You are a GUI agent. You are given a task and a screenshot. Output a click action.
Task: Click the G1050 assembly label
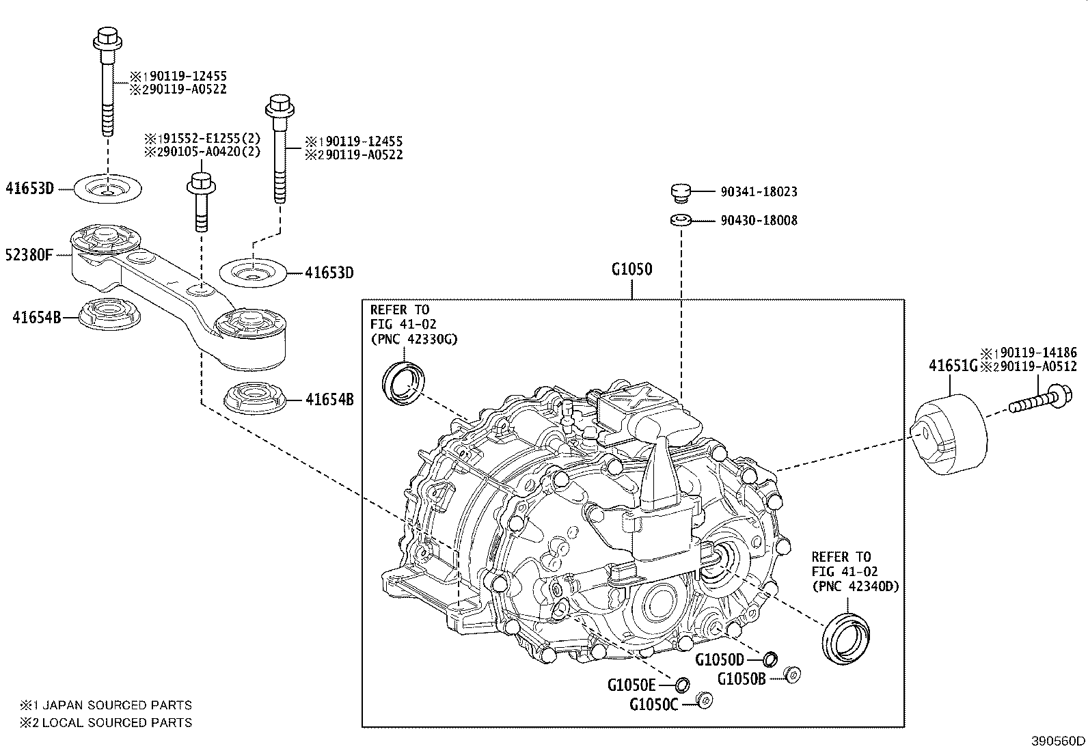[x=631, y=269]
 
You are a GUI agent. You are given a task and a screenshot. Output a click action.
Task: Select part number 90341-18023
[x=758, y=192]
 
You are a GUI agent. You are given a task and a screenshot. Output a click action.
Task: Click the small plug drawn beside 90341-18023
[x=680, y=193]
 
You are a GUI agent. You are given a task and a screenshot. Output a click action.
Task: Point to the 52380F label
[x=29, y=256]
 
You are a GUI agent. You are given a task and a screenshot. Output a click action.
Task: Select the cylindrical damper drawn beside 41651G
[x=951, y=434]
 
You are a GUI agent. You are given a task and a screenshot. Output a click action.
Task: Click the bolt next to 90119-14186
[x=1039, y=400]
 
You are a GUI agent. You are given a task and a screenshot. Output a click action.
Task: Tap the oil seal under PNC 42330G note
[x=404, y=383]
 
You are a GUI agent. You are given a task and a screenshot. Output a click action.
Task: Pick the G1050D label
[x=719, y=659]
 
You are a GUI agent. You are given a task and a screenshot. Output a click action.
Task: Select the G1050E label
[x=631, y=684]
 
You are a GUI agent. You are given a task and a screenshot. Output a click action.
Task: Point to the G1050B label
[x=742, y=679]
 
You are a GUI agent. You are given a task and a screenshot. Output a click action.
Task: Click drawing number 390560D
[x=1058, y=741]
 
